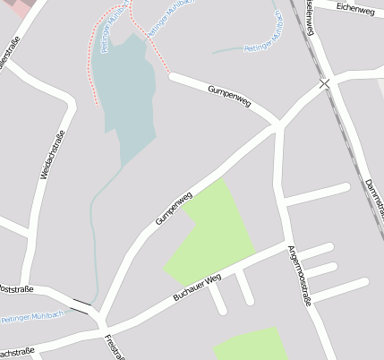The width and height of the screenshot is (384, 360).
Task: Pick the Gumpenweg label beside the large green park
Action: [x=175, y=209]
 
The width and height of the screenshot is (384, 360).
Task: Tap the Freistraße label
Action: [x=114, y=347]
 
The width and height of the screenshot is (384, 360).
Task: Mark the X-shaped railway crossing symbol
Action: [x=324, y=83]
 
